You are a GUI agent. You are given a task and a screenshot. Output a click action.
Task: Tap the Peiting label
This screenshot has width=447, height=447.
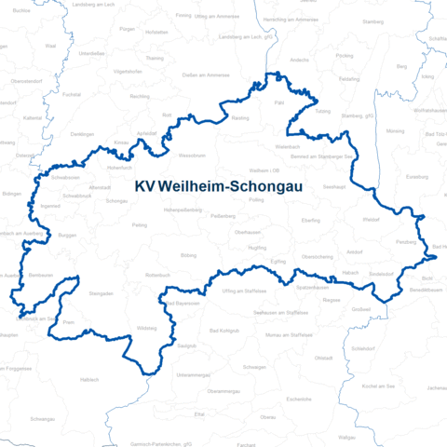140,224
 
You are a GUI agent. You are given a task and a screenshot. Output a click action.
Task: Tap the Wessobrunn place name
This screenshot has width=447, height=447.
192,155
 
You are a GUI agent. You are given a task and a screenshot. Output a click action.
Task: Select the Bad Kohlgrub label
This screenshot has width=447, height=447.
225,332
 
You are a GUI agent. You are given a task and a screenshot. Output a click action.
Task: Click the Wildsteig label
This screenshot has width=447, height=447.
147,329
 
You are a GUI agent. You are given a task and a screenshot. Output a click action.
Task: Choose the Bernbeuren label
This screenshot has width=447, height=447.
40,276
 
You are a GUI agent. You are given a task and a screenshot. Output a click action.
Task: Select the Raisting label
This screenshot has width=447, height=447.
239,119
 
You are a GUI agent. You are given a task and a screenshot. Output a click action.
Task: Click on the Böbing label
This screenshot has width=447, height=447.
189,254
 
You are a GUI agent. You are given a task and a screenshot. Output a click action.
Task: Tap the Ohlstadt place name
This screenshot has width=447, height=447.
323,358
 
